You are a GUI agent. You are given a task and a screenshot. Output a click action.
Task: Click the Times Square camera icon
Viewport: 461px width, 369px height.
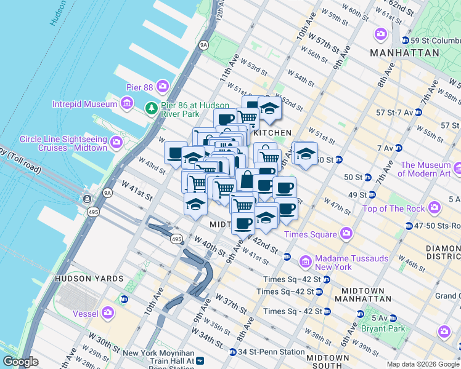(346, 234)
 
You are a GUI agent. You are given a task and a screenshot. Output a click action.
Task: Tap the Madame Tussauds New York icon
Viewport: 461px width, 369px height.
(305, 263)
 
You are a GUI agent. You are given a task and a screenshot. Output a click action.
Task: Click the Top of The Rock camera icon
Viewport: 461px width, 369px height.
(434, 208)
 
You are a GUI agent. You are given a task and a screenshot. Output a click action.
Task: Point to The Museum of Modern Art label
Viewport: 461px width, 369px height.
(425, 169)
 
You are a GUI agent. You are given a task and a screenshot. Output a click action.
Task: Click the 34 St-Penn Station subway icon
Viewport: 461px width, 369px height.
(232, 352)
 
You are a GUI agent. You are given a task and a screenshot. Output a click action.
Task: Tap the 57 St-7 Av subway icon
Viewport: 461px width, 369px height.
(418, 113)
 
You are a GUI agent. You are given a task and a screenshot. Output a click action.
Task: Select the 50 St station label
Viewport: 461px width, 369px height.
(353, 177)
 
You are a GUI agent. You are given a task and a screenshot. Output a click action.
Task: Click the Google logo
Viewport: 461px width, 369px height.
(20, 362)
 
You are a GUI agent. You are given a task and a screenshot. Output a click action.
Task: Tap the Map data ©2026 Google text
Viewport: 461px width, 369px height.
(423, 364)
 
